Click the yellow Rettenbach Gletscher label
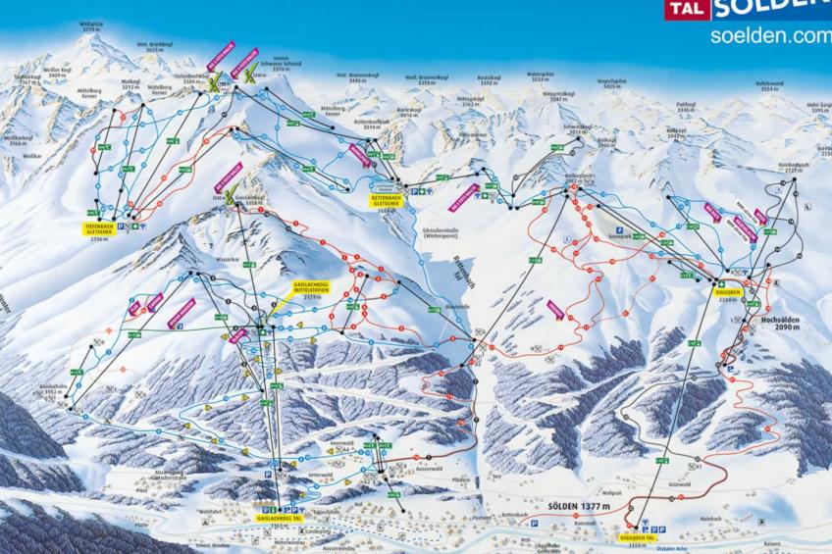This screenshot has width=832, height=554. (x=388, y=201)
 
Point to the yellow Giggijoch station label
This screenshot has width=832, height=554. (x=727, y=291)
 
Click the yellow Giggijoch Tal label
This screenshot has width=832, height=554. (x=638, y=537)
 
